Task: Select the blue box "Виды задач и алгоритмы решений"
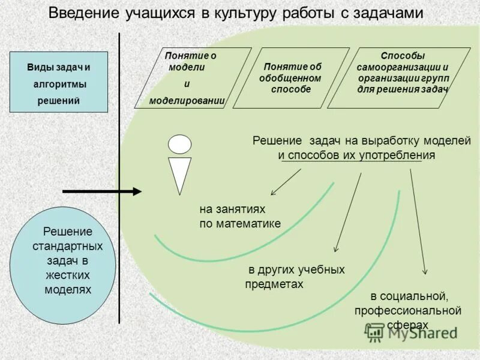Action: (58, 82)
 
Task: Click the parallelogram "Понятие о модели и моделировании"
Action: (192, 78)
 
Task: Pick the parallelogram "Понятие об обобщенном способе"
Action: (290, 78)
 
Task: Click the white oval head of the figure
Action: (180, 144)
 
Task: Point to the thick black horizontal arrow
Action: (102, 191)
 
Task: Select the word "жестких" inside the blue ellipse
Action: (67, 275)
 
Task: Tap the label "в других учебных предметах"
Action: (295, 277)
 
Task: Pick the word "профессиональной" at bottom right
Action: (407, 310)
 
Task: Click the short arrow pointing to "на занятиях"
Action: (286, 181)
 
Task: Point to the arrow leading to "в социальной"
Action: (418, 222)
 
